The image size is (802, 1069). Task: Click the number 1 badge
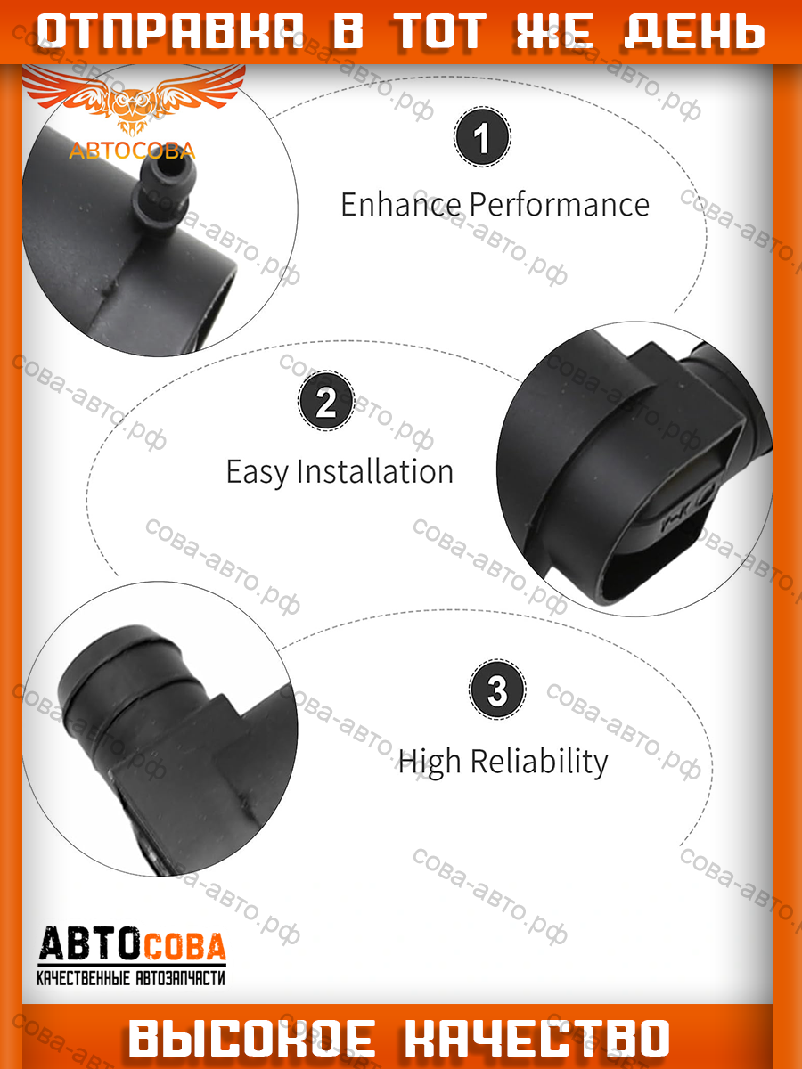click(482, 137)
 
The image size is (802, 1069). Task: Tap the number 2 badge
click(326, 401)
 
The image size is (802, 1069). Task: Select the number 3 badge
click(496, 690)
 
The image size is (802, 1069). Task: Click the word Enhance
click(401, 205)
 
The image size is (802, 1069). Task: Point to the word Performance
click(559, 205)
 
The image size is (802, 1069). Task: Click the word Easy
click(257, 472)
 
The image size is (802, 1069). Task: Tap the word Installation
click(374, 471)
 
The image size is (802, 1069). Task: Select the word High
click(429, 762)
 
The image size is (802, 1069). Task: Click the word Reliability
click(539, 762)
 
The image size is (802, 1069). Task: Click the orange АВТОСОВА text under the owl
click(132, 151)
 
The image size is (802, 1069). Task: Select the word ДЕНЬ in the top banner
click(694, 32)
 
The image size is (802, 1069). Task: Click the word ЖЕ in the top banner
click(554, 32)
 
